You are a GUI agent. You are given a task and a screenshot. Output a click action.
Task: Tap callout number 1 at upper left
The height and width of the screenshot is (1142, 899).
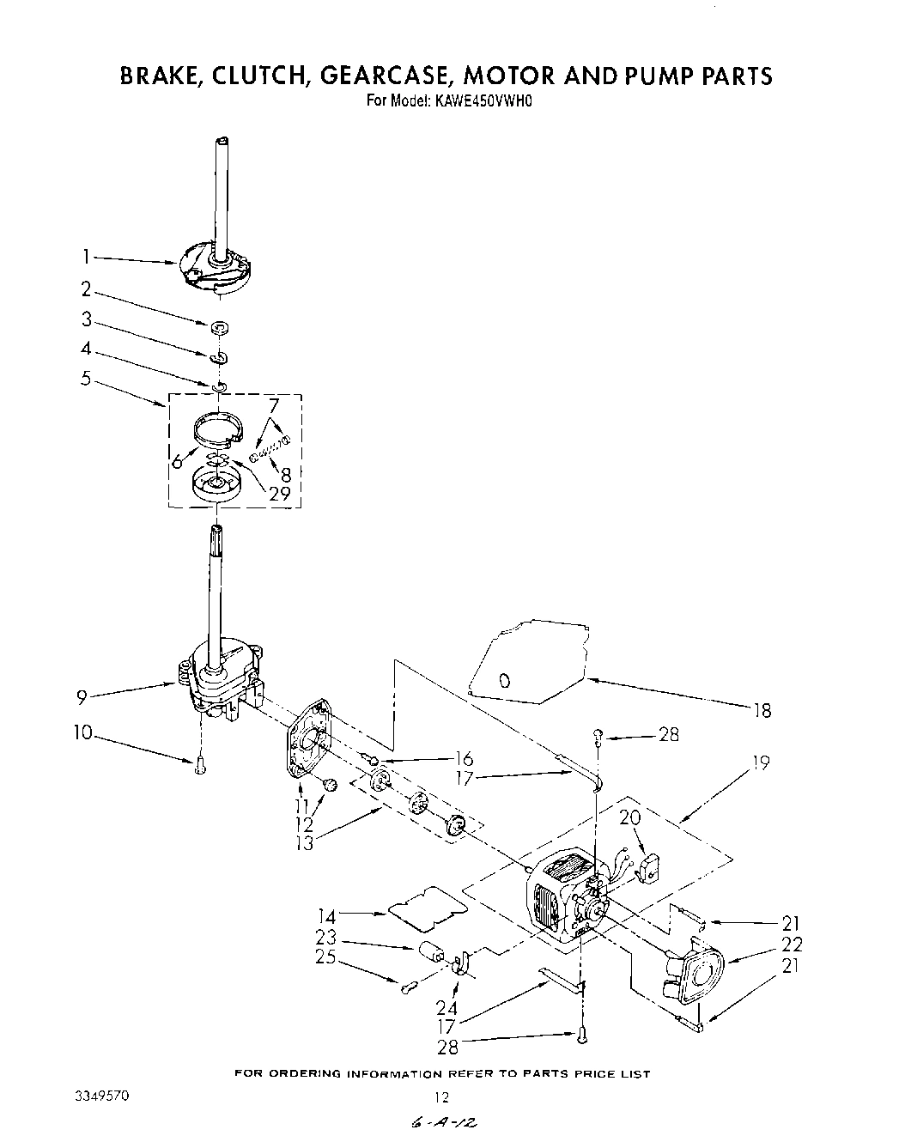[x=87, y=256]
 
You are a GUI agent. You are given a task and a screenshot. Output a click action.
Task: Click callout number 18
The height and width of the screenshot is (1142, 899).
[x=762, y=710]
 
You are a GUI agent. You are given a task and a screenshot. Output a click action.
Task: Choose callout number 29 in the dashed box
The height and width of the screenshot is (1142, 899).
[x=279, y=493]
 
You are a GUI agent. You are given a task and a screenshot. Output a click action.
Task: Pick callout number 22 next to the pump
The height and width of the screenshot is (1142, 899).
[x=792, y=945]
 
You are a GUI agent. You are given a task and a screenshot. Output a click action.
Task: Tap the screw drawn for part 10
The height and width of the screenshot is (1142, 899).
[x=200, y=764]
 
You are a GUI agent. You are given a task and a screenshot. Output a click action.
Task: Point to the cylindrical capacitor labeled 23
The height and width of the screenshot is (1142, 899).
[x=430, y=953]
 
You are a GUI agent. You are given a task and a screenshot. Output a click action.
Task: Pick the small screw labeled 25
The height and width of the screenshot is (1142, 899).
[x=409, y=987]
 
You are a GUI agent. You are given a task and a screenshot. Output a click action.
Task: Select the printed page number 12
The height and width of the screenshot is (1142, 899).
[x=441, y=1096]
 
